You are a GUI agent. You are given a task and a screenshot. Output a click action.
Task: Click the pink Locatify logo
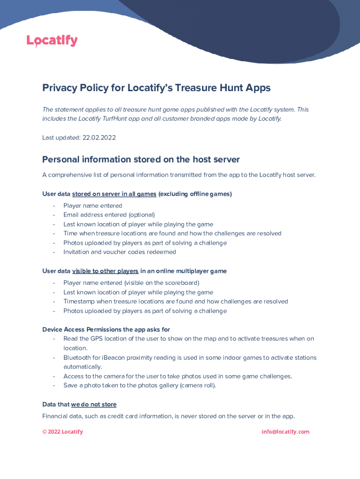(52, 41)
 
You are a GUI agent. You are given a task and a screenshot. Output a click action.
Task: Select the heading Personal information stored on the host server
(141, 160)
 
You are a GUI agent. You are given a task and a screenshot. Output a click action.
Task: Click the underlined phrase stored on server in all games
(114, 194)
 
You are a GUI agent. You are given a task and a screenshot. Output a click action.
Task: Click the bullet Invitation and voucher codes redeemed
(120, 252)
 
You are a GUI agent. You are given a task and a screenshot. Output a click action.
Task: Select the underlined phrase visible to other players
(105, 271)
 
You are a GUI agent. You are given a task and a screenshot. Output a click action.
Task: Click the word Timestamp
(79, 301)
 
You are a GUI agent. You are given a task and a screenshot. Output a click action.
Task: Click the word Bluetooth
(78, 357)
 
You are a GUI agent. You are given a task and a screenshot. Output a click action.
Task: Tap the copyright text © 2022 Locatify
(62, 432)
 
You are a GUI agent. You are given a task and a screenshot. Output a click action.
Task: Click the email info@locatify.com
(285, 432)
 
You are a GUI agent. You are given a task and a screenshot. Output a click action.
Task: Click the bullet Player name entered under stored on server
(93, 205)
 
